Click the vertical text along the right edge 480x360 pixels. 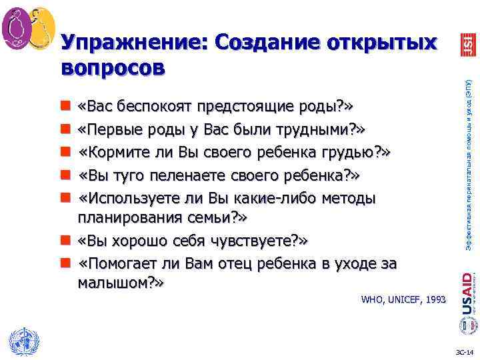click(469, 160)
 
